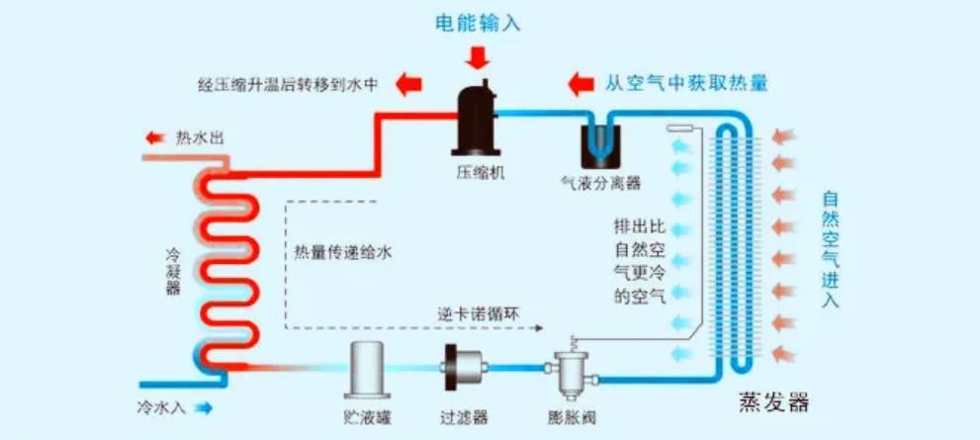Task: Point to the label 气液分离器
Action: pos(601,183)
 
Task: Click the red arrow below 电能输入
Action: pos(479,56)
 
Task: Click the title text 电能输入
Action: pos(479,23)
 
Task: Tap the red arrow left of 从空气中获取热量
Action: pos(582,82)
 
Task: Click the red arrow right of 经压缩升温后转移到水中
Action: pos(408,83)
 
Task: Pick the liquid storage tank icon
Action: pos(369,367)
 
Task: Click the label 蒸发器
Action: pos(773,403)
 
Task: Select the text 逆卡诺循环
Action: pos(476,314)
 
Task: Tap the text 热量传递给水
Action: pos(343,253)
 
